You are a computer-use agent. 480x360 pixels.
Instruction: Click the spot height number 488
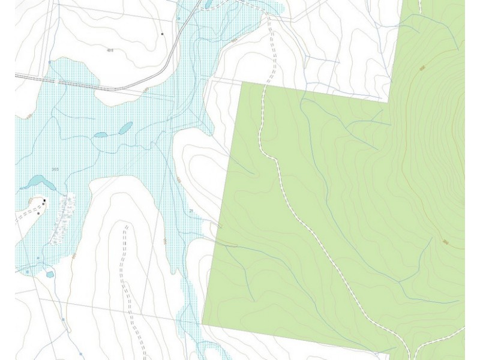click(110, 50)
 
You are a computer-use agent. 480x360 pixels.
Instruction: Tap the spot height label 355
click(55, 169)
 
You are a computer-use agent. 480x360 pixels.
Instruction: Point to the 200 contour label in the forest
click(445, 242)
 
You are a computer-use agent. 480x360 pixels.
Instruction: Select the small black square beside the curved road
click(162, 34)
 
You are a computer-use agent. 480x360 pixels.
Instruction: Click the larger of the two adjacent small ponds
click(126, 128)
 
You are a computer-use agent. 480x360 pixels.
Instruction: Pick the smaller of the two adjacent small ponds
click(101, 134)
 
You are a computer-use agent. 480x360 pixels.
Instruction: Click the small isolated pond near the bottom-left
click(50, 274)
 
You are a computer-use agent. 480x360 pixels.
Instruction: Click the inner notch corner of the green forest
click(389, 102)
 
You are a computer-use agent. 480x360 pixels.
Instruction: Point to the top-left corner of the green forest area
click(242, 83)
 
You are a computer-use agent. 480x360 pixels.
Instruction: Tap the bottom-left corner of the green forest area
click(202, 324)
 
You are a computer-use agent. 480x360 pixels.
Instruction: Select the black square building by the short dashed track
click(44, 200)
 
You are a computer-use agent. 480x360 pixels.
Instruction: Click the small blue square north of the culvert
click(49, 62)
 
